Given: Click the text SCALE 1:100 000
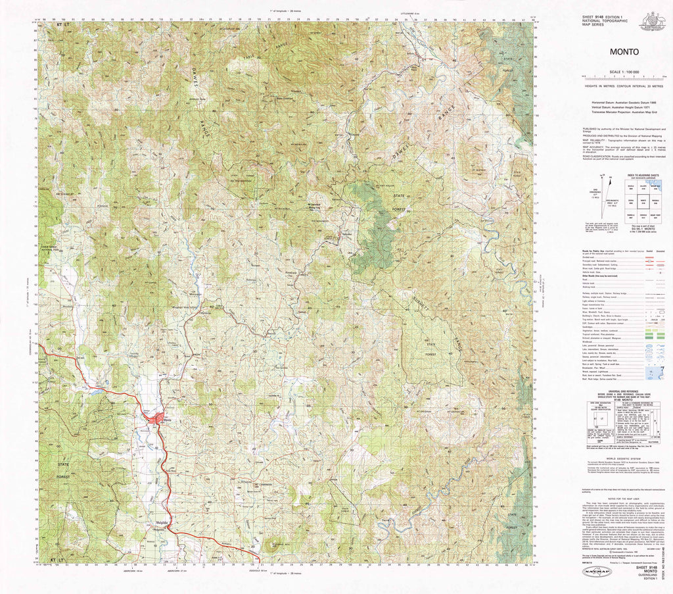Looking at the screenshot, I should (624, 71).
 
